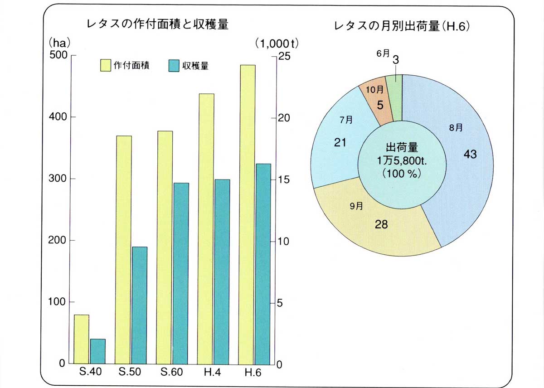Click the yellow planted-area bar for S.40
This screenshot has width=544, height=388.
tap(82, 339)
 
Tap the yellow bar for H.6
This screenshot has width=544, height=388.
tap(248, 214)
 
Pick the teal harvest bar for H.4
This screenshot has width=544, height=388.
tap(222, 272)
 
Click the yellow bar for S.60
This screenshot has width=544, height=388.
tap(165, 247)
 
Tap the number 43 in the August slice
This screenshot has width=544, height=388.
tap(470, 154)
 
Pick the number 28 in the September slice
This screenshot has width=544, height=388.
tap(381, 224)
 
